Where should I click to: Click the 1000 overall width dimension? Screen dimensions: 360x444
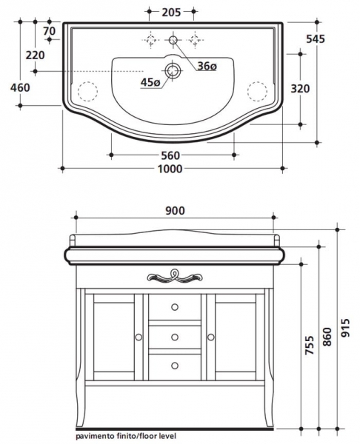tap(170, 169)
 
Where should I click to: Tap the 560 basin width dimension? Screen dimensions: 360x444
tap(170, 155)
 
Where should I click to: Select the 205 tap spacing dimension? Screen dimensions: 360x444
tap(171, 12)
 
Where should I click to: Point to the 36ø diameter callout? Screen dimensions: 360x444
tap(207, 66)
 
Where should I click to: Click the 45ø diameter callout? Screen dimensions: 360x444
tap(150, 82)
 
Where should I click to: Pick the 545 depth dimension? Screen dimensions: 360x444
tap(316, 39)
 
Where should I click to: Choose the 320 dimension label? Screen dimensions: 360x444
tap(300, 89)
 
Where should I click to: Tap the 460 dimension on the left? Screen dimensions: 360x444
tap(20, 87)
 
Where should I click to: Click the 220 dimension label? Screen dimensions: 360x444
tap(35, 55)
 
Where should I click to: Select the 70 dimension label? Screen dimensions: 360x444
tap(50, 31)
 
